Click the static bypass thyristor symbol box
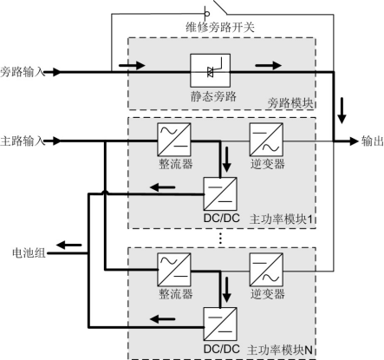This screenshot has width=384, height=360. coord(210,70)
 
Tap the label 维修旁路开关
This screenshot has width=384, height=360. coord(220,28)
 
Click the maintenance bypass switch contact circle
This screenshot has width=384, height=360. coord(207,14)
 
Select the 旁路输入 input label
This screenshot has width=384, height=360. coord(23,72)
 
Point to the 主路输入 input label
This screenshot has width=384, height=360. coord(23,141)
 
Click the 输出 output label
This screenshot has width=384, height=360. coord(373,141)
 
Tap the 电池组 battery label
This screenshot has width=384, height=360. coord(29,253)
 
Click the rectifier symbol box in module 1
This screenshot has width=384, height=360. coord(174,140)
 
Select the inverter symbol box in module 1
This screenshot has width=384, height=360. coord(266,140)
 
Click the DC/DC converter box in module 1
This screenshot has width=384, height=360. coord(220,193)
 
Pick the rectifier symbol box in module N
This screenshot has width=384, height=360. coord(174,270)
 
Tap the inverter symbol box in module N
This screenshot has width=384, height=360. coord(266,270)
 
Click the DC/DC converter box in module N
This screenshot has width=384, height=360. coord(220,324)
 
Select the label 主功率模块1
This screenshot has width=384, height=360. coord(281,219)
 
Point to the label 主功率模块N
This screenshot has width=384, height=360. coord(280,350)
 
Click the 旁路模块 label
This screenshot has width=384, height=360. coord(290,103)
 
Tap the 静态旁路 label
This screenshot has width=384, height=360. coord(213,96)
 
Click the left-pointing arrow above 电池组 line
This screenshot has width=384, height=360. coord(69,245)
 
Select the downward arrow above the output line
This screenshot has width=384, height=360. coord(342,111)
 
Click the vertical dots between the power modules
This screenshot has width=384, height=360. coord(220,238)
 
